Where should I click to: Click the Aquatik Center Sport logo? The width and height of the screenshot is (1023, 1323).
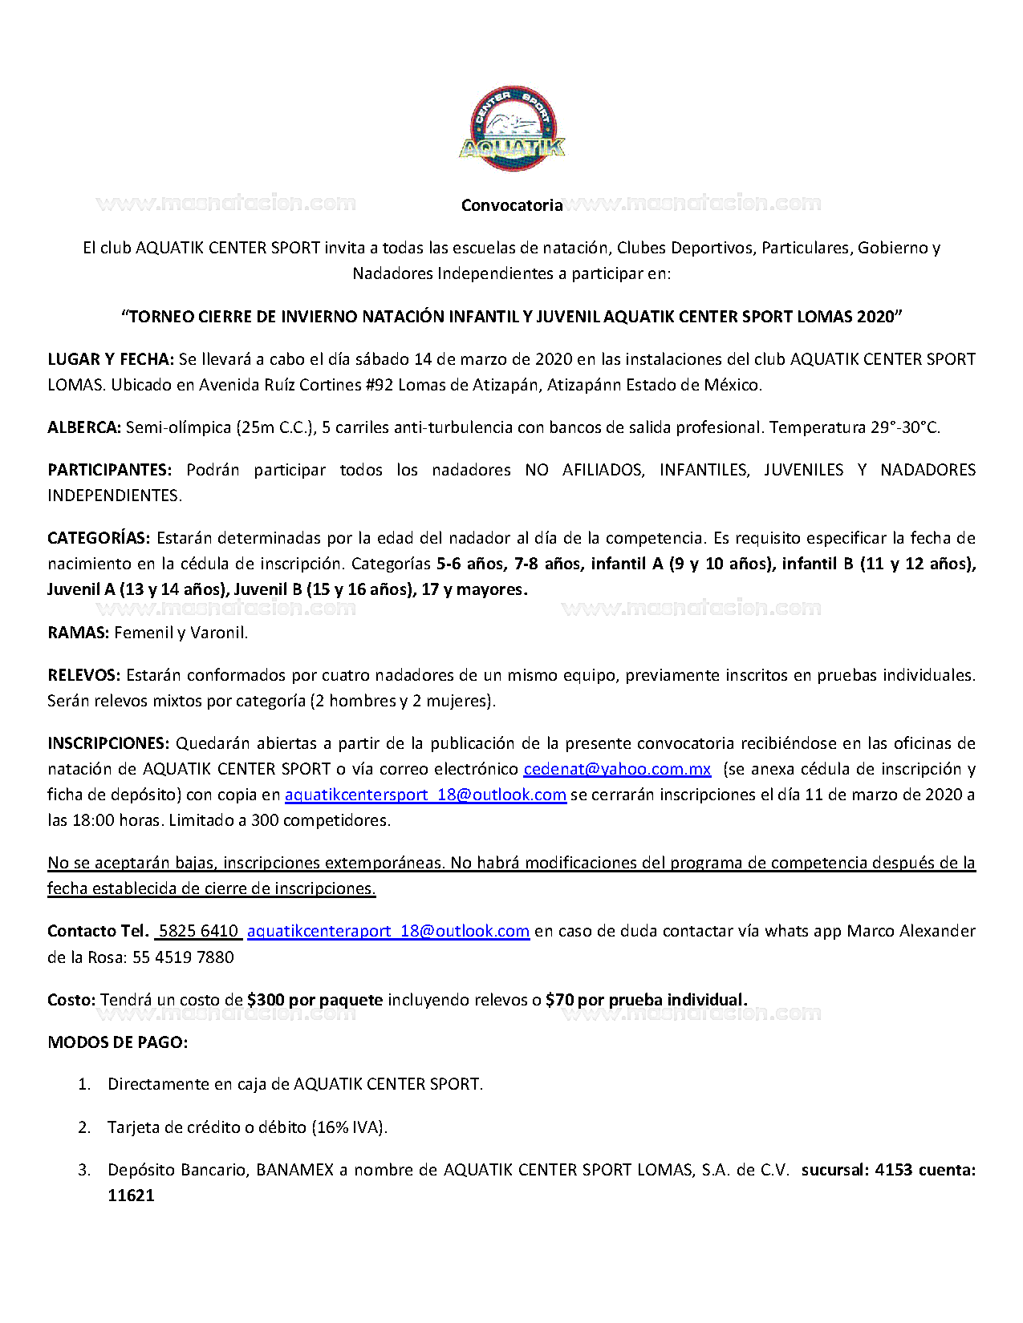tap(512, 128)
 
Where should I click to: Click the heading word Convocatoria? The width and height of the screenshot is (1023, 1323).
tap(511, 205)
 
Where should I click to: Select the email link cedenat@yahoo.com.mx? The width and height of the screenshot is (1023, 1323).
tap(617, 769)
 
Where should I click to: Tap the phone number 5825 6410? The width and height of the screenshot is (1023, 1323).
tap(198, 931)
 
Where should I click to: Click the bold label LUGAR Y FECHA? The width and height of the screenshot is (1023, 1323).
tap(111, 359)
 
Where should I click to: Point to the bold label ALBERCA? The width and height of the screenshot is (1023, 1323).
tap(84, 427)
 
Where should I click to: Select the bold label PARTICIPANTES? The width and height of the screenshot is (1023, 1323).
tap(109, 470)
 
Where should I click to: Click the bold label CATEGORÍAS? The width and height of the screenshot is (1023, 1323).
tap(99, 538)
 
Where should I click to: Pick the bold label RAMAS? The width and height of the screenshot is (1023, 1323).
tap(78, 633)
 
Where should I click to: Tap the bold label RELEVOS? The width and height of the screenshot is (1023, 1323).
tap(83, 675)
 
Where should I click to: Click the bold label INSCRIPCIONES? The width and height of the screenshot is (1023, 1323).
tap(108, 743)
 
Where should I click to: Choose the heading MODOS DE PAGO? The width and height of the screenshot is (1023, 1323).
tap(117, 1042)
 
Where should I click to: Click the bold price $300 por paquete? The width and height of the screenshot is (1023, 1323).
tap(315, 1000)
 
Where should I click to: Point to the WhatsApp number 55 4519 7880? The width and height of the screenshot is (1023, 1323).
tap(183, 957)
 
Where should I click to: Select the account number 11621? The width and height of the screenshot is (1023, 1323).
tap(131, 1196)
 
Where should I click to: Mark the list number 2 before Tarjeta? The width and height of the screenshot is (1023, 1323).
tap(84, 1127)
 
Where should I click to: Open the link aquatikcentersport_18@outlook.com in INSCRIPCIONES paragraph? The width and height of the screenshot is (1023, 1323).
tap(425, 795)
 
